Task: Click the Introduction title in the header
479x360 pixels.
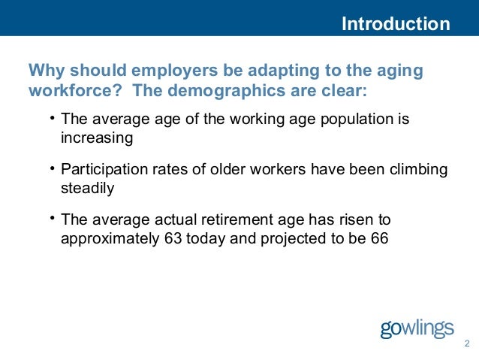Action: point(396,24)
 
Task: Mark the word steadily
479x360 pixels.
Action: point(87,189)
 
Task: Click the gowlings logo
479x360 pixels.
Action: point(417,328)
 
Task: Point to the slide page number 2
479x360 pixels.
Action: point(466,345)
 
